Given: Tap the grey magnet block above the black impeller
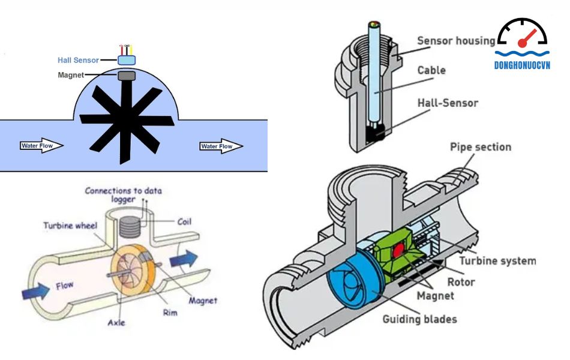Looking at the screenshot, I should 127,76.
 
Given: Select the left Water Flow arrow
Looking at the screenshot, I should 41,146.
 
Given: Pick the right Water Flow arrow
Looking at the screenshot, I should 221,146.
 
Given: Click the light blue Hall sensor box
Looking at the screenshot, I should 127,60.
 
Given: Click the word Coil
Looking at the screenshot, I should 185,221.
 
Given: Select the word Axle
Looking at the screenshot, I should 116,322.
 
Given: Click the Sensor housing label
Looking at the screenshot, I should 457,41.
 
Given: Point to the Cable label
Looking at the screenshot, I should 431,70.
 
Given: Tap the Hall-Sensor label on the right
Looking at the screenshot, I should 448,103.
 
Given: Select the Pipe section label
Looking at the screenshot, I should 481,146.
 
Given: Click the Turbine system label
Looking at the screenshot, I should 497,261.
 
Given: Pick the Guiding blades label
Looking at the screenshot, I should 419,319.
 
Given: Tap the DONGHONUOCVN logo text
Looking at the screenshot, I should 522,65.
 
